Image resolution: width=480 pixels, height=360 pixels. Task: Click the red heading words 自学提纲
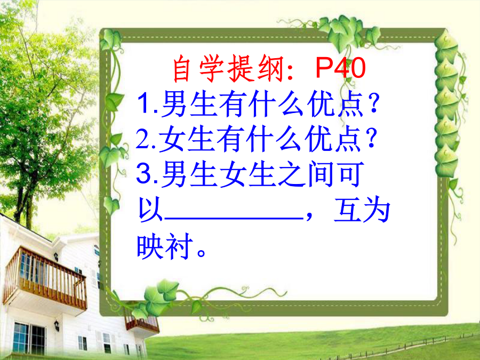[x=229, y=69]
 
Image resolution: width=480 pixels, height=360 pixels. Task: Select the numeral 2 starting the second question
[x=142, y=139]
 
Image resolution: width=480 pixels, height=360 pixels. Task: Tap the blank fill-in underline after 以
[x=234, y=218]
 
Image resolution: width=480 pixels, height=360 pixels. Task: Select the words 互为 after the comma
[x=362, y=210]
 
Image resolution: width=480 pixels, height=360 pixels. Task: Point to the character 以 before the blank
[x=150, y=210]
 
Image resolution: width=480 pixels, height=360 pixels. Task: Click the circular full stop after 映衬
[x=202, y=253]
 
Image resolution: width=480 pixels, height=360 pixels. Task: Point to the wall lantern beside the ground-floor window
[x=57, y=325]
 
